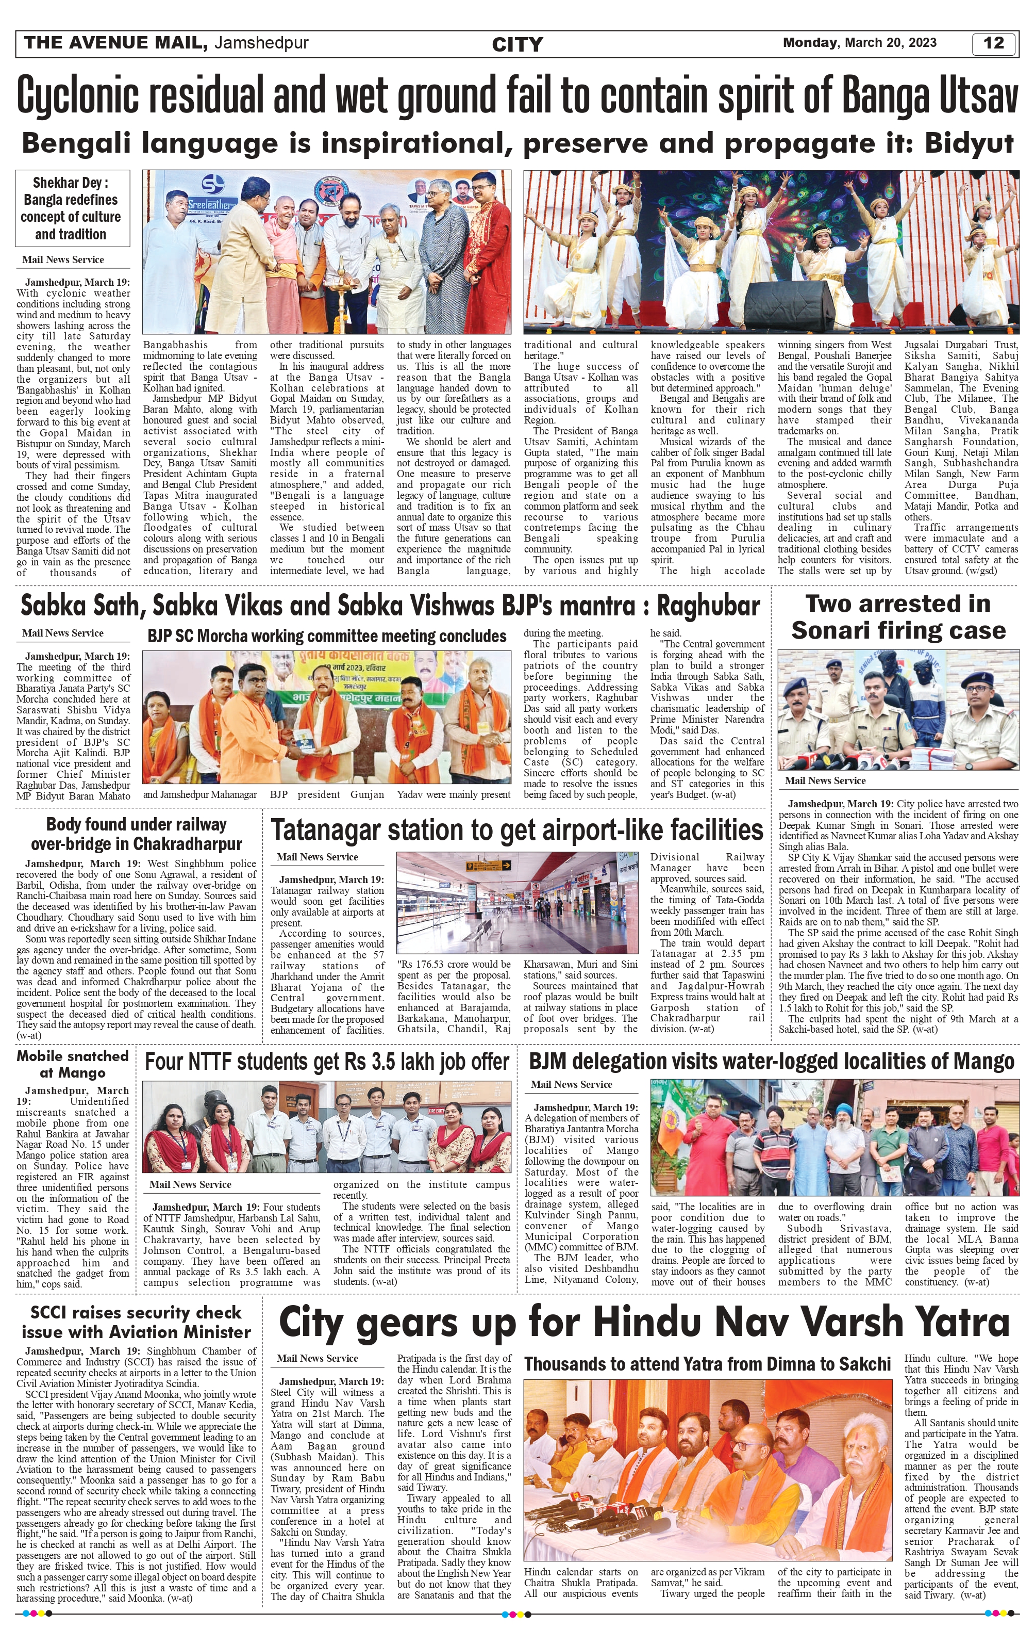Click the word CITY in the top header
pyautogui.click(x=517, y=44)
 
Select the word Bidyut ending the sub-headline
pyautogui.click(x=969, y=143)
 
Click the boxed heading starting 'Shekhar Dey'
pyautogui.click(x=71, y=208)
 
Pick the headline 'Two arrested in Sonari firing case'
pyautogui.click(x=898, y=617)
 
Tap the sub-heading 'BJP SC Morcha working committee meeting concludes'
pyautogui.click(x=326, y=636)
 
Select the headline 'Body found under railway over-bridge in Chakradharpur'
pyautogui.click(x=137, y=834)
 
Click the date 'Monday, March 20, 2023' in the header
pyautogui.click(x=860, y=43)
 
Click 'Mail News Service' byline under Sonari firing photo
pyautogui.click(x=825, y=781)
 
